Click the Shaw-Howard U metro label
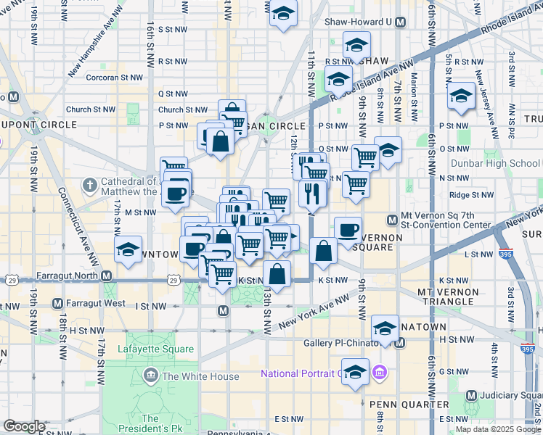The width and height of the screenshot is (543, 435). pyautogui.click(x=359, y=22)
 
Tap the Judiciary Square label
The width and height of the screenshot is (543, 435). pyautogui.click(x=508, y=395)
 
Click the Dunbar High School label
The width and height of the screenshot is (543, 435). pyautogui.click(x=494, y=163)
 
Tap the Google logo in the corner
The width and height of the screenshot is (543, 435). pyautogui.click(x=24, y=426)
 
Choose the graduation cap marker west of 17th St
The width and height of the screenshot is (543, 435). pyautogui.click(x=128, y=251)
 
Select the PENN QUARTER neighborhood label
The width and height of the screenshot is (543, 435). pyautogui.click(x=401, y=405)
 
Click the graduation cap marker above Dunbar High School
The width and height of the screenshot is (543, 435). pyautogui.click(x=461, y=97)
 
